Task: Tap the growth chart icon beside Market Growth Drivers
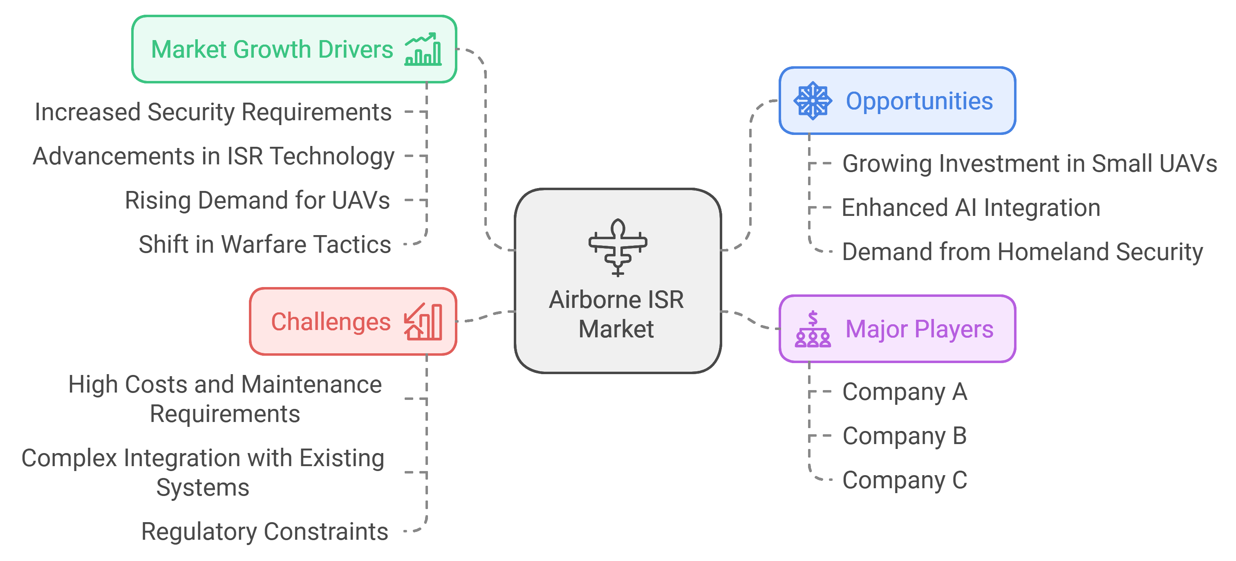pyautogui.click(x=423, y=49)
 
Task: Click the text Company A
pyautogui.click(x=905, y=392)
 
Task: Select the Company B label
pyautogui.click(x=905, y=436)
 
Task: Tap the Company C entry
pyautogui.click(x=905, y=480)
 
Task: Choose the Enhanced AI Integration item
pyautogui.click(x=971, y=208)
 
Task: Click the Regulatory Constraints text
pyautogui.click(x=264, y=531)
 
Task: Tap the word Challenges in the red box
pyautogui.click(x=331, y=321)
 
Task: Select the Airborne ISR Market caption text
pyautogui.click(x=616, y=314)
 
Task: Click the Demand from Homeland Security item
pyautogui.click(x=1022, y=252)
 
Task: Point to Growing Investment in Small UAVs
pyautogui.click(x=1029, y=164)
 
